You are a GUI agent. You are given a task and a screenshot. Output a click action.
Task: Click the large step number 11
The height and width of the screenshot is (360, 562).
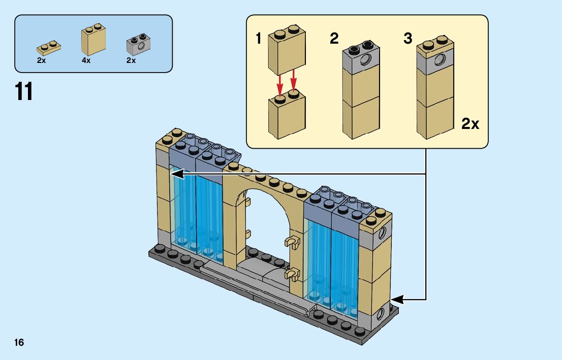click(x=24, y=91)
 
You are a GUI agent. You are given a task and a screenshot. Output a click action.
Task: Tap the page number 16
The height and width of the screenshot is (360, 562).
click(x=19, y=342)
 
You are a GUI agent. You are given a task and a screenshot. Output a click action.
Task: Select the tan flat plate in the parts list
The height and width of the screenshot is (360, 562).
click(x=49, y=48)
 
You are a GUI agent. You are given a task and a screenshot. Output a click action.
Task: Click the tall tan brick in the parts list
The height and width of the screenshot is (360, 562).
click(x=93, y=41)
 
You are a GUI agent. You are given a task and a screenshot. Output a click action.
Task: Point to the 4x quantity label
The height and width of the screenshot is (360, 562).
click(x=86, y=60)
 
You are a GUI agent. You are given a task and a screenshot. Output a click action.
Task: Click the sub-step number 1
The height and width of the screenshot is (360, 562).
click(x=258, y=39)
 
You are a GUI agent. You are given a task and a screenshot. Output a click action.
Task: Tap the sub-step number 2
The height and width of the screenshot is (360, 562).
click(x=334, y=39)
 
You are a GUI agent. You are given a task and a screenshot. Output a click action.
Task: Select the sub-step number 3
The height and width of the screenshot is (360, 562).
click(x=408, y=39)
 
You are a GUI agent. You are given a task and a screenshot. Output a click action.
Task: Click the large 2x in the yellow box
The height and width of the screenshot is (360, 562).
click(x=470, y=123)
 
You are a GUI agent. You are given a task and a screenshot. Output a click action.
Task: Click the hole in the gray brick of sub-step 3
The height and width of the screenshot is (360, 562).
click(x=440, y=61)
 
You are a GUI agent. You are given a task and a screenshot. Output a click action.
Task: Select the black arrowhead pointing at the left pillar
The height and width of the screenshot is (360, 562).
click(x=177, y=174)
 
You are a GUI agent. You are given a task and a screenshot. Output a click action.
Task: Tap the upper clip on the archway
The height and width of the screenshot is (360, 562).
click(x=292, y=242)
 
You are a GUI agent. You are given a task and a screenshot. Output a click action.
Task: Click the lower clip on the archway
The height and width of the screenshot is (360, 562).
click(x=292, y=276)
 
